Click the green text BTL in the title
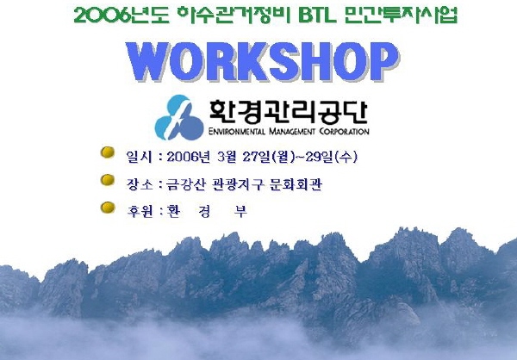[317, 16]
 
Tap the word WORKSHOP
[263, 62]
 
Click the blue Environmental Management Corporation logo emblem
[179, 117]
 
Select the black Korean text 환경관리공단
[289, 112]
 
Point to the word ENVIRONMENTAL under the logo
[237, 132]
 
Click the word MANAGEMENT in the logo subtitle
[292, 132]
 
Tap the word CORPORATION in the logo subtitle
[344, 132]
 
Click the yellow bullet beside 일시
[108, 152]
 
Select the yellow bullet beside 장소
[108, 180]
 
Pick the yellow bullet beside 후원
[108, 208]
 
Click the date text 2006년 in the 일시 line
[188, 157]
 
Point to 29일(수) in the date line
[332, 157]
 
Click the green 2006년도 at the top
[121, 16]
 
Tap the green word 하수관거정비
[234, 16]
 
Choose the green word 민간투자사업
[401, 16]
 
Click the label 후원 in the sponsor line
[140, 211]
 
